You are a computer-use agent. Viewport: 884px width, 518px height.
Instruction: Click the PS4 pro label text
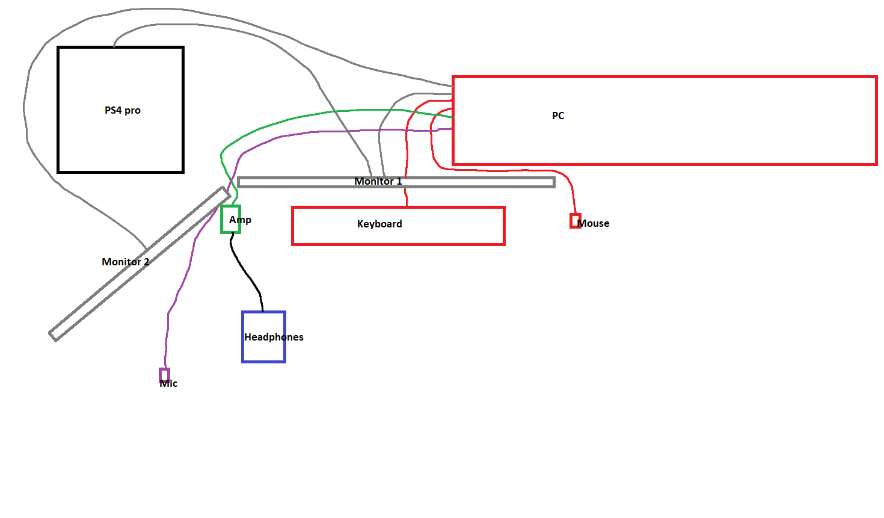click(123, 111)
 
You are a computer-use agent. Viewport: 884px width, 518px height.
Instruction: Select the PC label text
click(558, 116)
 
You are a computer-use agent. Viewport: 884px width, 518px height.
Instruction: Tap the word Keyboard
click(379, 224)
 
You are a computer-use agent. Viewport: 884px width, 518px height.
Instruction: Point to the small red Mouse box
click(576, 221)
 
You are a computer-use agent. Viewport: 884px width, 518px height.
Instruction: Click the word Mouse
click(595, 223)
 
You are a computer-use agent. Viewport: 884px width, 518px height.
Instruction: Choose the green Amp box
click(230, 219)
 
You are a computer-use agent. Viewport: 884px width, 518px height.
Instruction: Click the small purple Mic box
click(164, 375)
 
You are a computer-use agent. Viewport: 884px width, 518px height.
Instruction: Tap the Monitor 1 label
click(378, 181)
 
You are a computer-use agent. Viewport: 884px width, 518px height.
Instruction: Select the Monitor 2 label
click(125, 262)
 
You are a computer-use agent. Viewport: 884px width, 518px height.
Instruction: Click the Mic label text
click(169, 384)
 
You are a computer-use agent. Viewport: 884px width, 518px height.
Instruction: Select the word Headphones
click(274, 337)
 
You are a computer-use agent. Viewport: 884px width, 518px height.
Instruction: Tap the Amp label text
click(240, 220)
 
